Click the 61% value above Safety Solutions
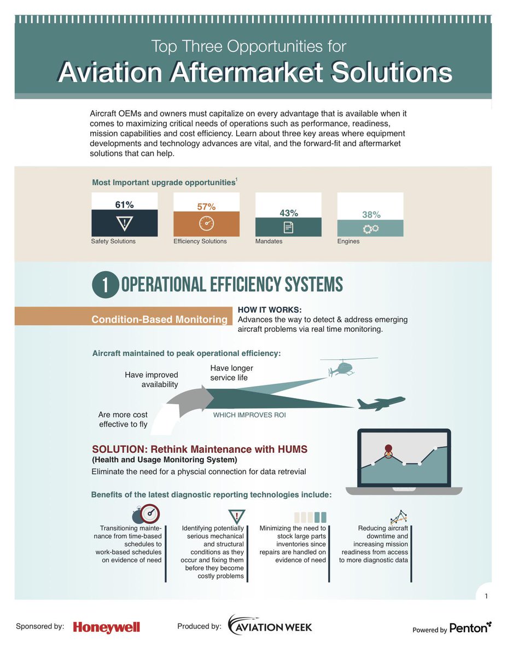click(x=124, y=205)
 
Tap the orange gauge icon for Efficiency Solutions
click(x=206, y=224)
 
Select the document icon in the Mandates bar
click(x=288, y=227)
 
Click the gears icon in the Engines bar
click(x=370, y=228)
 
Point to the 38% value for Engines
click(x=370, y=215)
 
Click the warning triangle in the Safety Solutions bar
click(x=124, y=223)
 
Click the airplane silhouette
click(x=381, y=404)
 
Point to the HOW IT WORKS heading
click(x=270, y=310)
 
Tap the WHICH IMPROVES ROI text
click(x=249, y=415)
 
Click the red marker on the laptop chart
click(x=388, y=448)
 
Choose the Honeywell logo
click(x=107, y=627)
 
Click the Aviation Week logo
click(x=270, y=626)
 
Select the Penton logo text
click(x=468, y=629)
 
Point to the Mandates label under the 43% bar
click(x=269, y=241)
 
